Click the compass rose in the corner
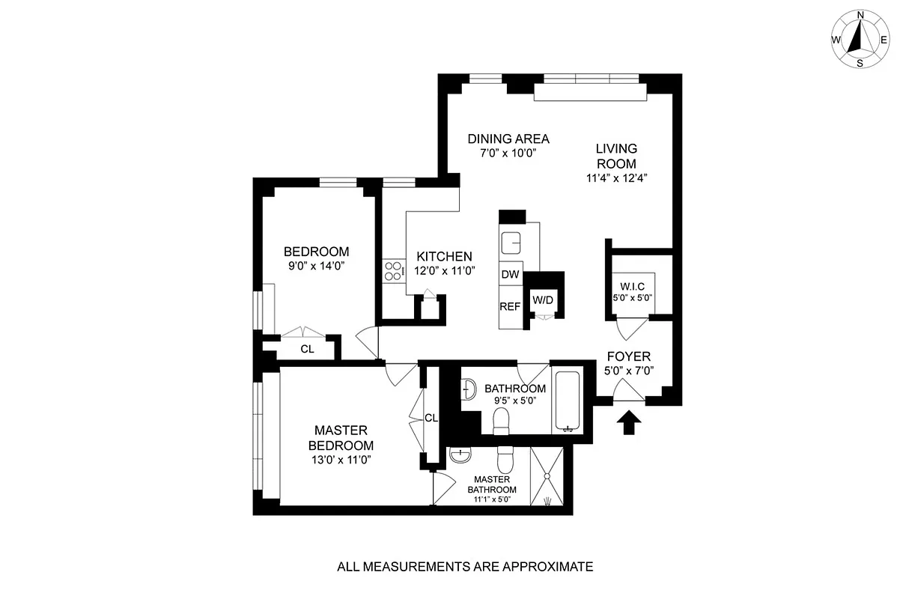[x=860, y=38]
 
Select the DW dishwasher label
[x=510, y=275]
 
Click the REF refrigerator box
[x=510, y=306]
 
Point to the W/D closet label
[x=543, y=300]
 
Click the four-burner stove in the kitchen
[x=393, y=270]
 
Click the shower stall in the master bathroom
[x=550, y=476]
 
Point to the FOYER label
[x=628, y=356]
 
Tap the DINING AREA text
[x=508, y=139]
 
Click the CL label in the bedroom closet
[x=307, y=349]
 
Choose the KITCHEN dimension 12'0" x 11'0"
[x=445, y=271]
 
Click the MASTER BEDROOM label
[x=341, y=437]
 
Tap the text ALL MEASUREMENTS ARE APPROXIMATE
[x=464, y=567]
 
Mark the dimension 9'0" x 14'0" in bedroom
[x=315, y=266]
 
